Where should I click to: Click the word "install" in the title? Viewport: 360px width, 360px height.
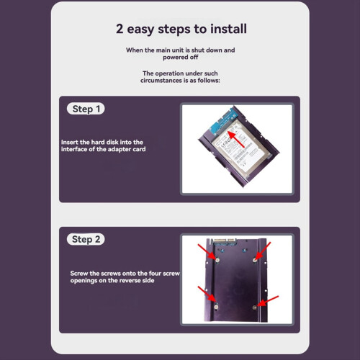[228, 29]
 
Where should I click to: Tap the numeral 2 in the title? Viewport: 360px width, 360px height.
[120, 29]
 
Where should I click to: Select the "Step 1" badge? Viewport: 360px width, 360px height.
[86, 109]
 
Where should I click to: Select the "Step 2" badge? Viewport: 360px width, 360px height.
[86, 239]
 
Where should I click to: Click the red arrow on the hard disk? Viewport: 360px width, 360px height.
[235, 139]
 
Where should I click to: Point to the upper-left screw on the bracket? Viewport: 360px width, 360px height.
[217, 260]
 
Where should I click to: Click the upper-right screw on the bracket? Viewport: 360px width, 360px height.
[255, 260]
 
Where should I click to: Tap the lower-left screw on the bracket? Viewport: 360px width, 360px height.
[216, 306]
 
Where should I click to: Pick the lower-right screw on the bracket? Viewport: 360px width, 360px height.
[255, 307]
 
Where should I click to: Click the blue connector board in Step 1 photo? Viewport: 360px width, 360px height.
[222, 120]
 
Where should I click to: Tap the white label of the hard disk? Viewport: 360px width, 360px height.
[236, 148]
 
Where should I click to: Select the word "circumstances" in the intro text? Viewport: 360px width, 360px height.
[161, 81]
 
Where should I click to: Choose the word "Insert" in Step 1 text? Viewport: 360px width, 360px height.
[70, 142]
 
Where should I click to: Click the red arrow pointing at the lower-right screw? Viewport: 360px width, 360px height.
[269, 301]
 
